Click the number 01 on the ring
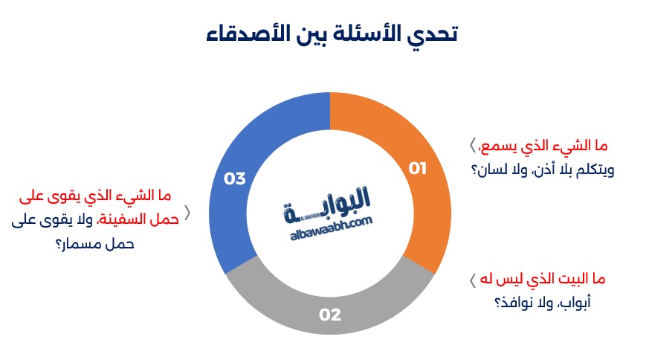pyautogui.click(x=417, y=168)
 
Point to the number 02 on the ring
pyautogui.click(x=330, y=315)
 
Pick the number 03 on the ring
pyautogui.click(x=235, y=179)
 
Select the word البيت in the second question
pyautogui.click(x=572, y=279)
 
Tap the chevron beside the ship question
pyautogui.click(x=187, y=213)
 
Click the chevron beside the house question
pyautogui.click(x=473, y=280)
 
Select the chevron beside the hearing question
pyautogui.click(x=473, y=145)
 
